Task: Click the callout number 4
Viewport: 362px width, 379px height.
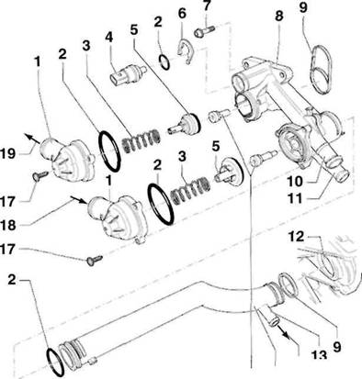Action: (x=109, y=37)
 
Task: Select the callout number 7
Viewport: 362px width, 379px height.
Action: (x=207, y=6)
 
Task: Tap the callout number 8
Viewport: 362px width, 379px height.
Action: (x=279, y=17)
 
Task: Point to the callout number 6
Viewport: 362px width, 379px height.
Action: (x=182, y=14)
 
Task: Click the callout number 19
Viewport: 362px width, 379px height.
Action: (x=7, y=153)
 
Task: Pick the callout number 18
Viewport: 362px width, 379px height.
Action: (x=8, y=226)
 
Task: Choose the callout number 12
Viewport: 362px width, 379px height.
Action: (x=296, y=236)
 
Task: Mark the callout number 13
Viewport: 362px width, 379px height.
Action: (x=319, y=355)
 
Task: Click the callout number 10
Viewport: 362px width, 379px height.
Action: (x=295, y=182)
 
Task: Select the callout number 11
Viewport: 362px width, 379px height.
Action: (x=295, y=199)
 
